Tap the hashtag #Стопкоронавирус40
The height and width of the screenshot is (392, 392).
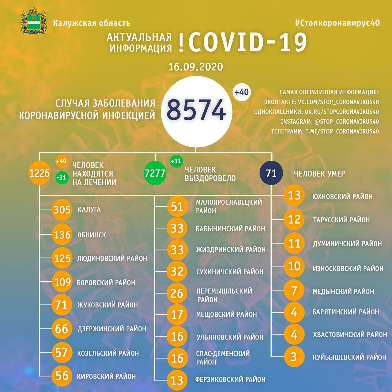tap(337, 23)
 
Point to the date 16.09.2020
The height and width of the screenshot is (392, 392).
tap(196, 67)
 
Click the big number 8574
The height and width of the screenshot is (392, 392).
tap(196, 110)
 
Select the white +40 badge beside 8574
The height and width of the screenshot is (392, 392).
tap(242, 92)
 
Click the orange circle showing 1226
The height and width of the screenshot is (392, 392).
tap(39, 173)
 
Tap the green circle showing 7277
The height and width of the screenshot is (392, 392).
tap(155, 173)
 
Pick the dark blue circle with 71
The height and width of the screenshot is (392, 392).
tap(271, 173)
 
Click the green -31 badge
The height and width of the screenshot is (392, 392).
tap(62, 178)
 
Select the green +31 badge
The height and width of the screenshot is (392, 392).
tap(176, 161)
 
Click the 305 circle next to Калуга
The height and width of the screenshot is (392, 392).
tap(62, 210)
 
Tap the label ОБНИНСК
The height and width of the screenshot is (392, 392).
tap(92, 235)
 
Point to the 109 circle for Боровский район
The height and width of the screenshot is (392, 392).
tap(62, 282)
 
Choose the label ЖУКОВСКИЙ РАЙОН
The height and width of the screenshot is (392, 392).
tap(107, 305)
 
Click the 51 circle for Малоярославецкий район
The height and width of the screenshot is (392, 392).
tap(177, 207)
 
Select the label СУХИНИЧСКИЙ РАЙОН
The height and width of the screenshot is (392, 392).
tap(230, 272)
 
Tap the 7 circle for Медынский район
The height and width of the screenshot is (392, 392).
tap(294, 290)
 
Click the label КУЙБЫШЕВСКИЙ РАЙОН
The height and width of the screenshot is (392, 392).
tap(349, 357)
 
